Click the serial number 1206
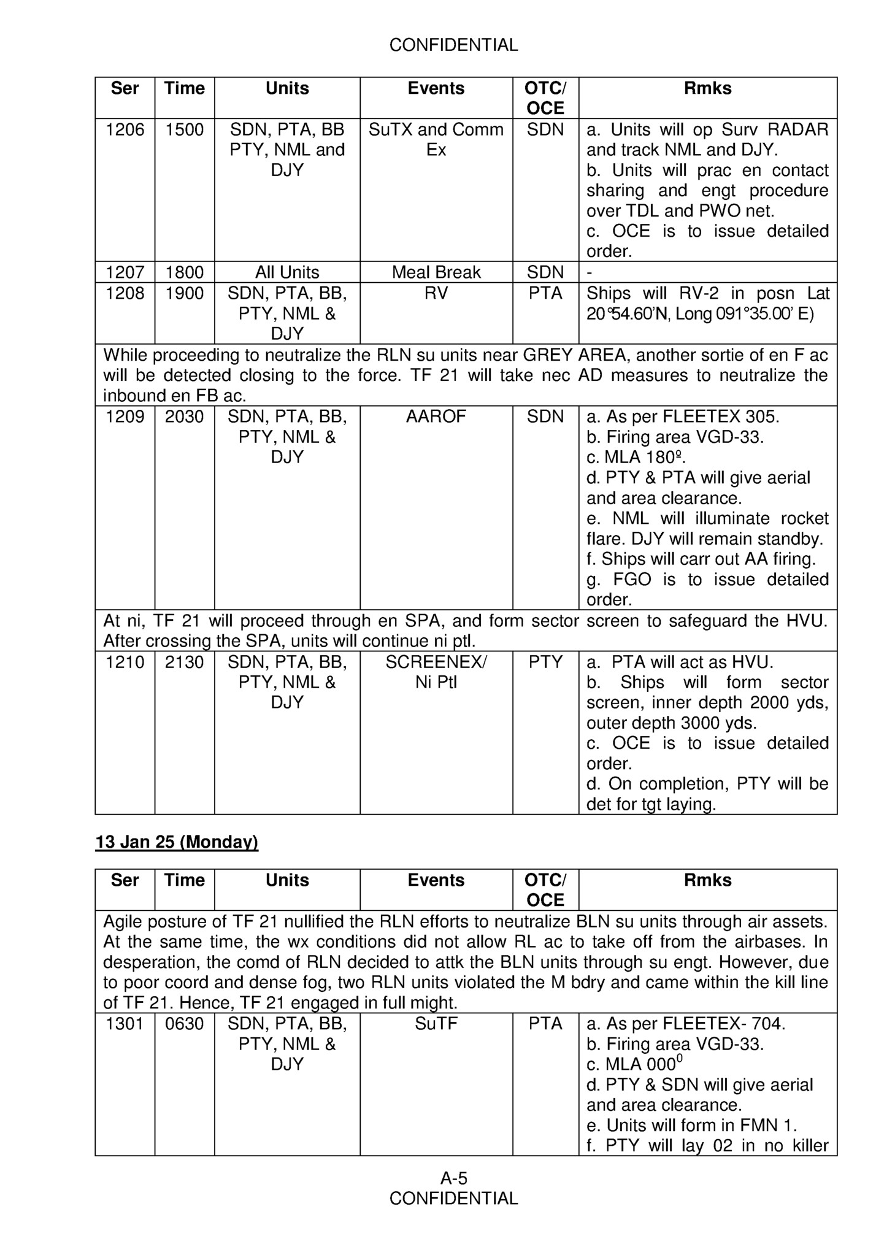coord(125,130)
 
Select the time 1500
coord(184,130)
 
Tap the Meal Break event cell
coord(436,272)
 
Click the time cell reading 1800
coord(184,272)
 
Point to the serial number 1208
coord(125,293)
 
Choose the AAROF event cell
coord(436,417)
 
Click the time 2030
coord(184,417)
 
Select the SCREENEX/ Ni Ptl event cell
coord(436,672)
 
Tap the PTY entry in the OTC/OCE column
coord(545,662)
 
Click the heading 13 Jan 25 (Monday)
coord(177,842)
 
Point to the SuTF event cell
coord(436,1024)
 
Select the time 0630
coord(184,1024)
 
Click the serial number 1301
coord(125,1024)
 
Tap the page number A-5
coord(454,1178)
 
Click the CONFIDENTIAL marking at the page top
coord(454,45)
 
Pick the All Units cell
coord(287,272)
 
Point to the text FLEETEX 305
coord(721,417)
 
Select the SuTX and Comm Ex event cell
coord(436,140)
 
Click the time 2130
coord(184,662)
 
